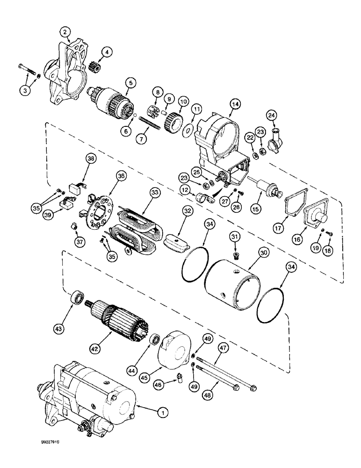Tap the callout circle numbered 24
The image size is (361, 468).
coord(285,114)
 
